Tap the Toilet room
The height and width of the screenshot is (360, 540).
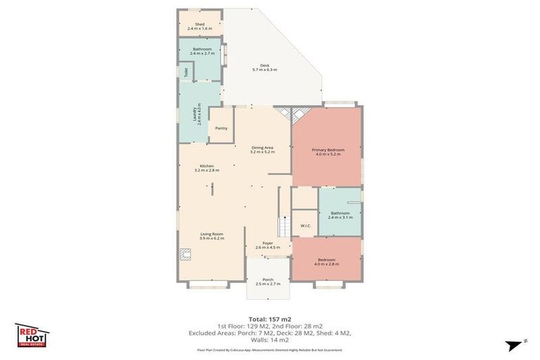(185, 72)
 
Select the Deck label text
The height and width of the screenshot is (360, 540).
(264, 67)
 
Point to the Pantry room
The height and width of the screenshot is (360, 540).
(221, 128)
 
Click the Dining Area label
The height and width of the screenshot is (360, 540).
(262, 149)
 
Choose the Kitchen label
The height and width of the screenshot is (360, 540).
(207, 168)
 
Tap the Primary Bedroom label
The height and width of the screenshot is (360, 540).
(327, 152)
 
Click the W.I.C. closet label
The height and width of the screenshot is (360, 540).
(305, 226)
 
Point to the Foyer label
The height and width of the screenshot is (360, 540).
(268, 245)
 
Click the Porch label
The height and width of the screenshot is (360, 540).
(267, 281)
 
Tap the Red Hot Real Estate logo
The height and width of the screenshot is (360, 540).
(32, 334)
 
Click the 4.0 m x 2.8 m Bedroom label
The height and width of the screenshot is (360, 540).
(326, 262)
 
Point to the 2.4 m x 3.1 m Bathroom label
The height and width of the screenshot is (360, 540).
(340, 215)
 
